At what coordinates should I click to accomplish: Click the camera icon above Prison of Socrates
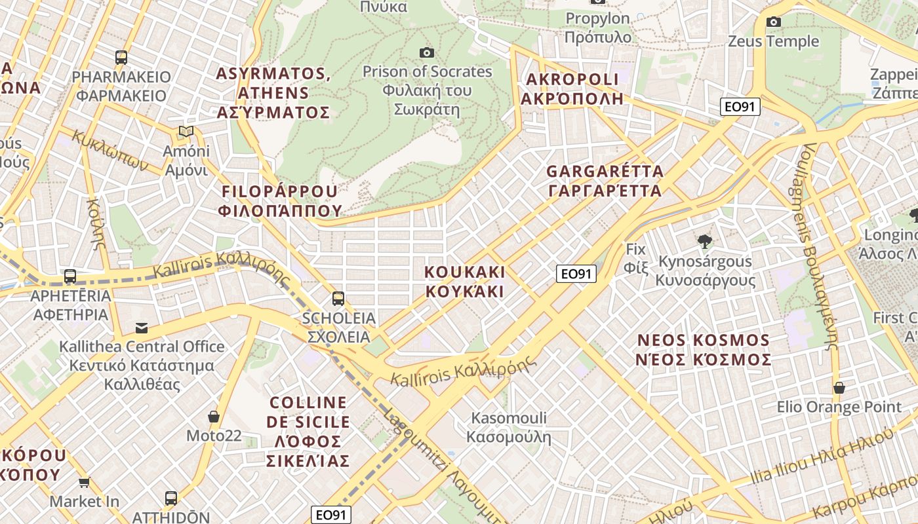point(427,52)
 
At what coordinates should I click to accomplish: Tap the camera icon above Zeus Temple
point(774,22)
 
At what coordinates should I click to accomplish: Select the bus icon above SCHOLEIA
point(338,299)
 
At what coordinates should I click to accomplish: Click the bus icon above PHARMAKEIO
point(121,57)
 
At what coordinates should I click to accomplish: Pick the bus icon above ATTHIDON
point(171,498)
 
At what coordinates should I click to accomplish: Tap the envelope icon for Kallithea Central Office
point(142,327)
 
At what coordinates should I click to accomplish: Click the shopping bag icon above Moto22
point(214,417)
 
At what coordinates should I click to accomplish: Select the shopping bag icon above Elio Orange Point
point(839,388)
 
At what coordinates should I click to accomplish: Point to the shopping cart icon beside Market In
point(84,483)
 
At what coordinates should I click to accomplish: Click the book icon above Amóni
point(186,132)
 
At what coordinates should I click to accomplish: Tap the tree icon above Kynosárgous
point(705,242)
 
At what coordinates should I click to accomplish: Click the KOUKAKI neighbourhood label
point(465,281)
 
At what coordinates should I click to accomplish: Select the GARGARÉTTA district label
point(605,181)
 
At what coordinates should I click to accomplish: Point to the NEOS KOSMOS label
point(704,350)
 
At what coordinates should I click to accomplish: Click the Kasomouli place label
point(509,427)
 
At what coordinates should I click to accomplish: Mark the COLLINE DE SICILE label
point(308,432)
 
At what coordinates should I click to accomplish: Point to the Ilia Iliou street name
point(820,458)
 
